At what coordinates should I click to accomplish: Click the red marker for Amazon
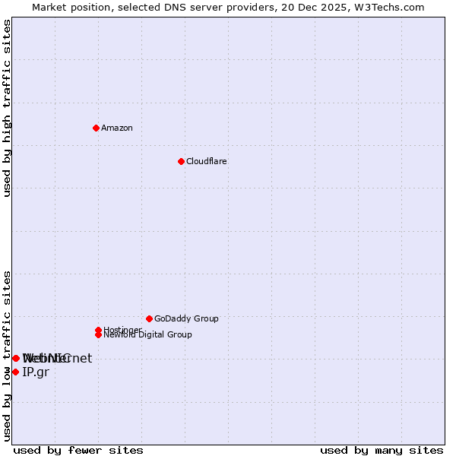coord(96,128)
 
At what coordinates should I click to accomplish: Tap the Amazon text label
coord(117,128)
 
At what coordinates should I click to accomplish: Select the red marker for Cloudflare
coord(181,161)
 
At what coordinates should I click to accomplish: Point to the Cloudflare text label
coord(207,161)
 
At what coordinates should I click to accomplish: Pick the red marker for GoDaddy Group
coord(149,318)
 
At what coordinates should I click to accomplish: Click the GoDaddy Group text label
coord(186,318)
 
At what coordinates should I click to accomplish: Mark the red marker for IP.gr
coord(15,372)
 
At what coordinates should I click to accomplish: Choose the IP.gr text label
coord(35,372)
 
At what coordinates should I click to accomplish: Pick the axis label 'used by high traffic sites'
coord(7,108)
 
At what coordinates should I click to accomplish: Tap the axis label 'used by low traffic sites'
coord(7,356)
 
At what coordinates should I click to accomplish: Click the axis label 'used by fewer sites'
coord(78,450)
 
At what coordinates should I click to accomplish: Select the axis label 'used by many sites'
coord(382,450)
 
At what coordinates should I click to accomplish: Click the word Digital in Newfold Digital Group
coord(151,334)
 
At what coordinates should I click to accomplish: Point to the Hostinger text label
coord(122,330)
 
